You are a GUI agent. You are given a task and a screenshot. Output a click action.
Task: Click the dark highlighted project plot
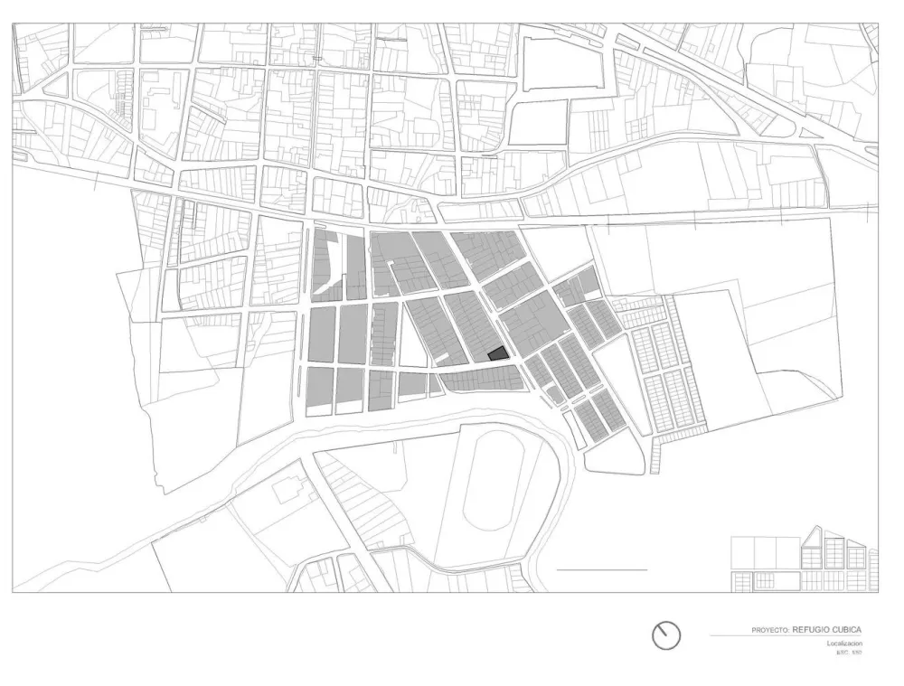tap(497, 354)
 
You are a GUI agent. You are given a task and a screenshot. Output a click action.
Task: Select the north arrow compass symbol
tap(666, 635)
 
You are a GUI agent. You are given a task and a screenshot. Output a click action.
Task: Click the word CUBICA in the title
tap(848, 629)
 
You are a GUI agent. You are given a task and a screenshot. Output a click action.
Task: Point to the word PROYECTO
tap(769, 630)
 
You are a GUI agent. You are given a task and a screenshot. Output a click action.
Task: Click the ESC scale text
tap(849, 653)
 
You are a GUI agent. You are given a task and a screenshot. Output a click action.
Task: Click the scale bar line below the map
tap(602, 570)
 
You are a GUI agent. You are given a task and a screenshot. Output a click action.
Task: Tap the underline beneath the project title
tap(786, 636)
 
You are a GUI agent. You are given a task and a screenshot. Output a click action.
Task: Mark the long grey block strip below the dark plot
tap(479, 380)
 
